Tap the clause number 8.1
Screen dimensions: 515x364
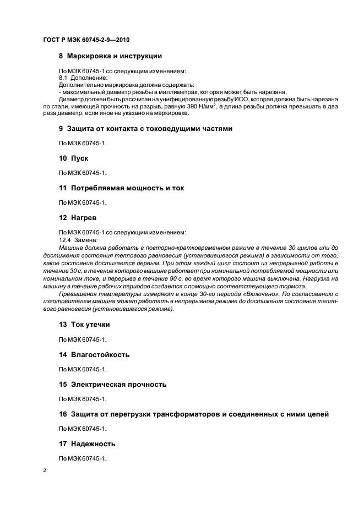click(x=63, y=78)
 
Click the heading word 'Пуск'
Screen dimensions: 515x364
click(x=79, y=158)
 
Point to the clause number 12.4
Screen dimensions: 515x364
click(x=64, y=240)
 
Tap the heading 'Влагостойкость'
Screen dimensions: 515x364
click(x=100, y=354)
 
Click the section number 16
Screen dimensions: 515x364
click(x=62, y=413)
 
